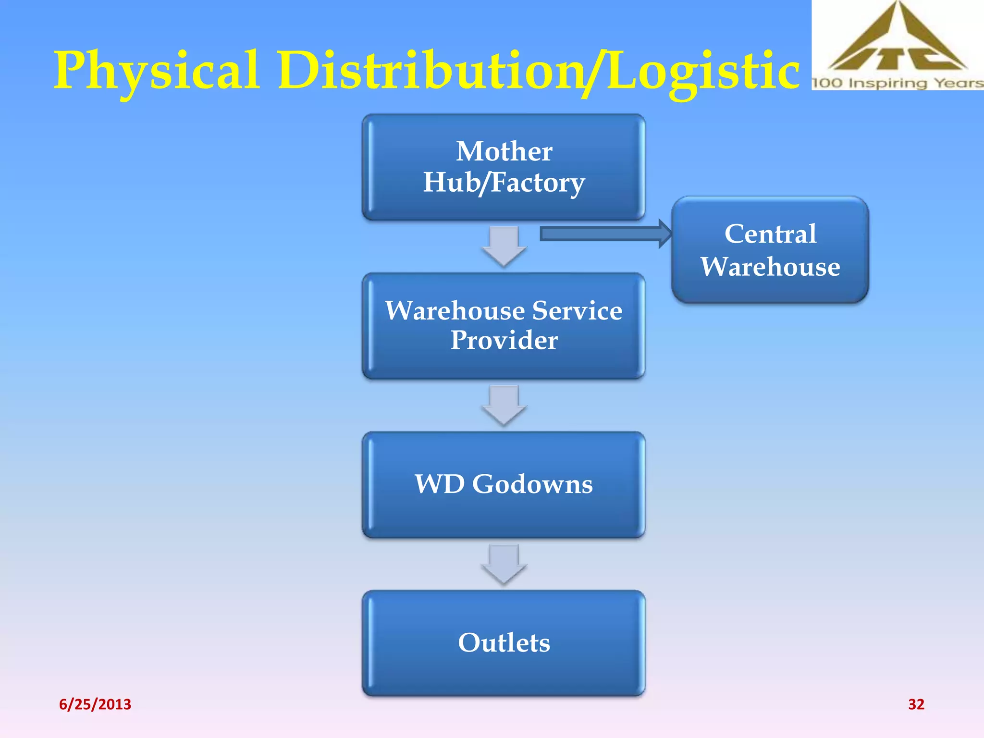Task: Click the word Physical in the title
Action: (x=156, y=71)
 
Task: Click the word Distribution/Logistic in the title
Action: (x=538, y=71)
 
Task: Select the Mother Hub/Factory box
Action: (x=504, y=167)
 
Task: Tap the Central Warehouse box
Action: (x=770, y=250)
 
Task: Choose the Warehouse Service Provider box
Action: (x=504, y=326)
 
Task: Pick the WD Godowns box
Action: (x=504, y=484)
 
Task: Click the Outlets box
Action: (x=504, y=643)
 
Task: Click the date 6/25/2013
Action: (x=95, y=704)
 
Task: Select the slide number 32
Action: (x=916, y=704)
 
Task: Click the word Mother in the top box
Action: (x=504, y=151)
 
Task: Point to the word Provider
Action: (x=504, y=340)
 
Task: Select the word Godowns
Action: (x=532, y=484)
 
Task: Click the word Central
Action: (x=770, y=234)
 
